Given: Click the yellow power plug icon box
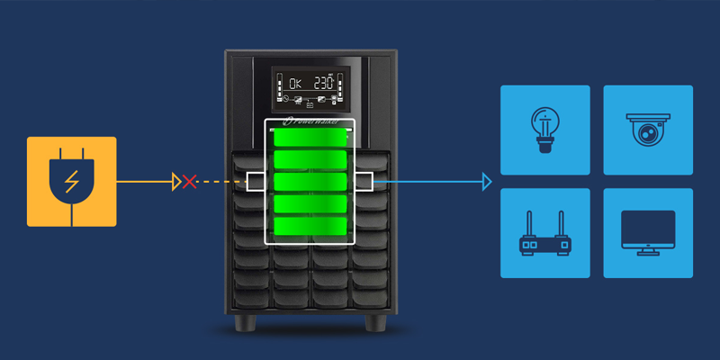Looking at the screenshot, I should click(72, 181).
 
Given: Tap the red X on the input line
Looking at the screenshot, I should click(189, 182).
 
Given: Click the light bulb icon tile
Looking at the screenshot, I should click(544, 130).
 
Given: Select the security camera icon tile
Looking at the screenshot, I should click(648, 130).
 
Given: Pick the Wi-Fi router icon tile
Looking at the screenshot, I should click(544, 233).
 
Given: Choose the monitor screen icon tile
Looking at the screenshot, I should click(648, 233).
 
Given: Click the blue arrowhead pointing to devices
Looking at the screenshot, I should click(487, 182).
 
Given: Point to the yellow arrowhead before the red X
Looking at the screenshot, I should click(175, 182).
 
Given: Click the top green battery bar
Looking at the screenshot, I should click(310, 138).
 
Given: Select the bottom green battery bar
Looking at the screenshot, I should click(310, 227).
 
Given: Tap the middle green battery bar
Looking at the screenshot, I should click(310, 183).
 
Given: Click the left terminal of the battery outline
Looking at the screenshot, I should click(256, 182).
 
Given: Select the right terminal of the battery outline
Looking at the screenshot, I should click(364, 182).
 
